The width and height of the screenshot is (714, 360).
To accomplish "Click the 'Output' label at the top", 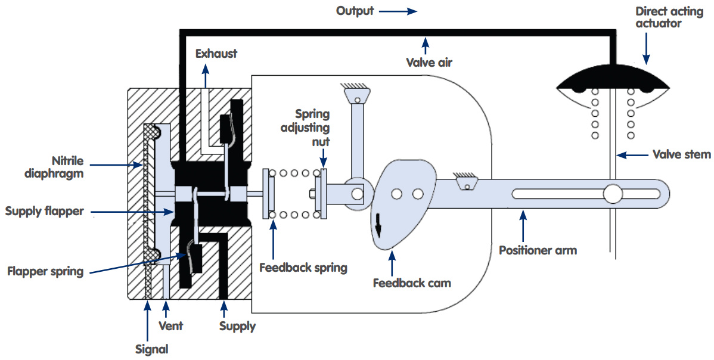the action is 355,11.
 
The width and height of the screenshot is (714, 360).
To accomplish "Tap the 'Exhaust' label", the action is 216,54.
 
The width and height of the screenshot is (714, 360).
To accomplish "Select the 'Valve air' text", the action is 429,63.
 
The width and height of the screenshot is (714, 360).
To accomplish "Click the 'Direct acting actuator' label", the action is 669,17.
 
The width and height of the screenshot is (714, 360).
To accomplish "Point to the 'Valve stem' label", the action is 682,154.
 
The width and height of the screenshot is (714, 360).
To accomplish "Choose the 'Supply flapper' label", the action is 45,211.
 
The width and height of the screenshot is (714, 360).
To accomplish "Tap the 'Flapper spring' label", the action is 45,272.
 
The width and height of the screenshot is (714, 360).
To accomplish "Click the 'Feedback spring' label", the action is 303,268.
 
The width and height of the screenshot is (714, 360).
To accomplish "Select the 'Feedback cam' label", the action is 412,283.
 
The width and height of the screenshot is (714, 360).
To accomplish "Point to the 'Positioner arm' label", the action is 538,250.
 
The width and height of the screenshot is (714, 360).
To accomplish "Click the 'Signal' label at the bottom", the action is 151,349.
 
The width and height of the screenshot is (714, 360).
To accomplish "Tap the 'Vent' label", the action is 171,326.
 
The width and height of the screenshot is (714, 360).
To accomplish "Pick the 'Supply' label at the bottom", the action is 237,326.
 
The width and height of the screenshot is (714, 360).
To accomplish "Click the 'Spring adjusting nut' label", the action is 306,128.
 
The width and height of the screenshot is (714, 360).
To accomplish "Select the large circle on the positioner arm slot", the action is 613,194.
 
